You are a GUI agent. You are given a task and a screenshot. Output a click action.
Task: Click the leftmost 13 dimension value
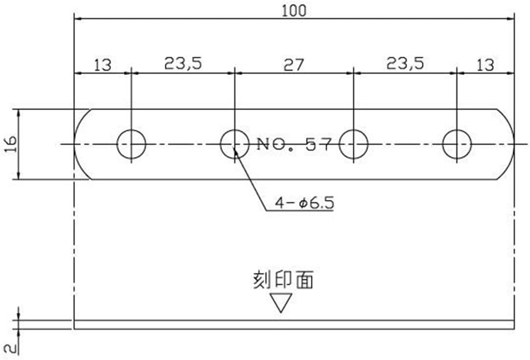[x=102, y=64]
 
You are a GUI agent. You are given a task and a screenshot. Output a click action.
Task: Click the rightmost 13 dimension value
[x=485, y=64]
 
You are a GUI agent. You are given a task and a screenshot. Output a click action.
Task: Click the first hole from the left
[x=131, y=144]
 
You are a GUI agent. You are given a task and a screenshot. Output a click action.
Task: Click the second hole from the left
[x=234, y=144]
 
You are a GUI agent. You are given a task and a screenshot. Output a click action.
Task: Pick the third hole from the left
[x=354, y=144]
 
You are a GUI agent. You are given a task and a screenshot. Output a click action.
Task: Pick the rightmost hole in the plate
[x=456, y=144]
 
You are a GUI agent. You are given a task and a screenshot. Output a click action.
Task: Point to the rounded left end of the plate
[x=81, y=144]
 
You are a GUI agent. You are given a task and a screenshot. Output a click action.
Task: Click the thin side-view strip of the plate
[x=294, y=324]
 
